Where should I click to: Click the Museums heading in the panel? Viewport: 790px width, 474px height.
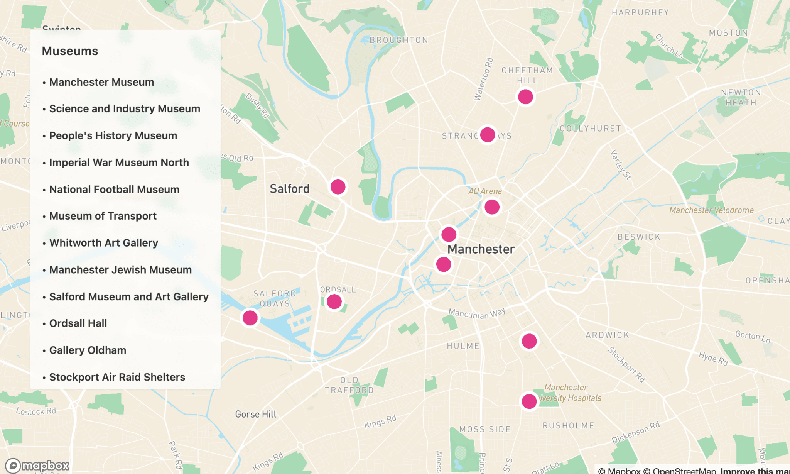coord(70,51)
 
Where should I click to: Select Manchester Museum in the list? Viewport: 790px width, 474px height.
coord(101,82)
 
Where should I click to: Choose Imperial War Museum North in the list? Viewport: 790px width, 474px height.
coord(119,163)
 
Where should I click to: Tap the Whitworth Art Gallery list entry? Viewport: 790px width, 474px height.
coord(103,243)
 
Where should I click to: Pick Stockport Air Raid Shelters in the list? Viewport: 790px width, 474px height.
coord(117,377)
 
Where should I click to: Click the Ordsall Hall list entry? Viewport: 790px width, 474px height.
coord(78,323)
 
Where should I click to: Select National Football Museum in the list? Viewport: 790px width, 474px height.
coord(114,190)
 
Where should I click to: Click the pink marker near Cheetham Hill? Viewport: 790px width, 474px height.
coord(525,97)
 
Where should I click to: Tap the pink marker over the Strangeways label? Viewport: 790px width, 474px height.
coord(488,135)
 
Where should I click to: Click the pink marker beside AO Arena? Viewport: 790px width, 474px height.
coord(492,207)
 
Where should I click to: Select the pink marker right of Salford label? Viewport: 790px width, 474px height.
coord(338,187)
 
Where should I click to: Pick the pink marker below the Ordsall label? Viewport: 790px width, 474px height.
coord(334,301)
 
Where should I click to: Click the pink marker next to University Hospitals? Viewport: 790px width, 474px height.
coord(529,401)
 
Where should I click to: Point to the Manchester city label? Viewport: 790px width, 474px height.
coord(481,249)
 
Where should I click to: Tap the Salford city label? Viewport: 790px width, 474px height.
coord(289,189)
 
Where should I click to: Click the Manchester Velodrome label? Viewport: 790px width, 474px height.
coord(711,210)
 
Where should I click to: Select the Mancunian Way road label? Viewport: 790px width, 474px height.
coord(477,313)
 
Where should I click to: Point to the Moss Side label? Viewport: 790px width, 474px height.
coord(485,429)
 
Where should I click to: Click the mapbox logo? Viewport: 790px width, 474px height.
coord(37,466)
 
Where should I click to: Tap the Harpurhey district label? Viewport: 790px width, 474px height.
coord(640,13)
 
